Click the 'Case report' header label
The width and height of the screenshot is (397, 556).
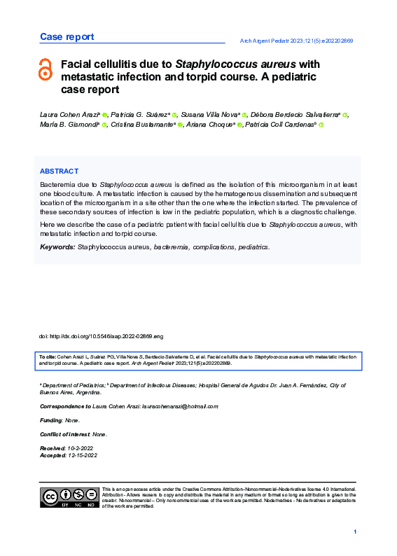(67, 36)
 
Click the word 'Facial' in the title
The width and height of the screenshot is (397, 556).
(78, 64)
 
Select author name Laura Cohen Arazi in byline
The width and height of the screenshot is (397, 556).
(69, 113)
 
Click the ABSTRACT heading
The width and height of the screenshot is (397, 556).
(59, 171)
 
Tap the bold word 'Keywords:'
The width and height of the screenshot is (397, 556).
(57, 247)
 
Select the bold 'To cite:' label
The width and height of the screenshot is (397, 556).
(47, 357)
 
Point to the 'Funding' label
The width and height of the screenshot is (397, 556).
(50, 420)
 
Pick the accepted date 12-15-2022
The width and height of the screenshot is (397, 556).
(83, 455)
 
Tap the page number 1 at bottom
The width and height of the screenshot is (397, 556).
(356, 533)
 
